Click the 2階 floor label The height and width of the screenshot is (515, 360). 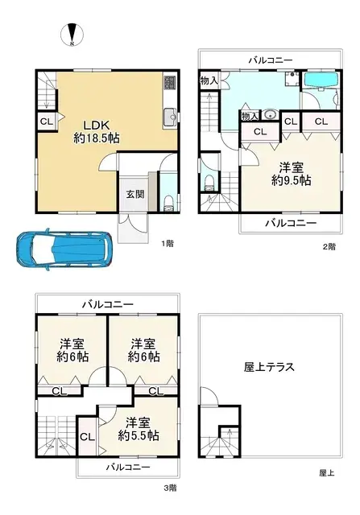point(329,247)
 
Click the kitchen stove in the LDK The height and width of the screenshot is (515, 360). point(169,83)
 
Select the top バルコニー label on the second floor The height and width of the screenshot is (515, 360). point(271,60)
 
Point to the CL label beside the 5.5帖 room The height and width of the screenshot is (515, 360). point(86,437)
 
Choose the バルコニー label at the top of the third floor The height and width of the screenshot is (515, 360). point(107,304)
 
